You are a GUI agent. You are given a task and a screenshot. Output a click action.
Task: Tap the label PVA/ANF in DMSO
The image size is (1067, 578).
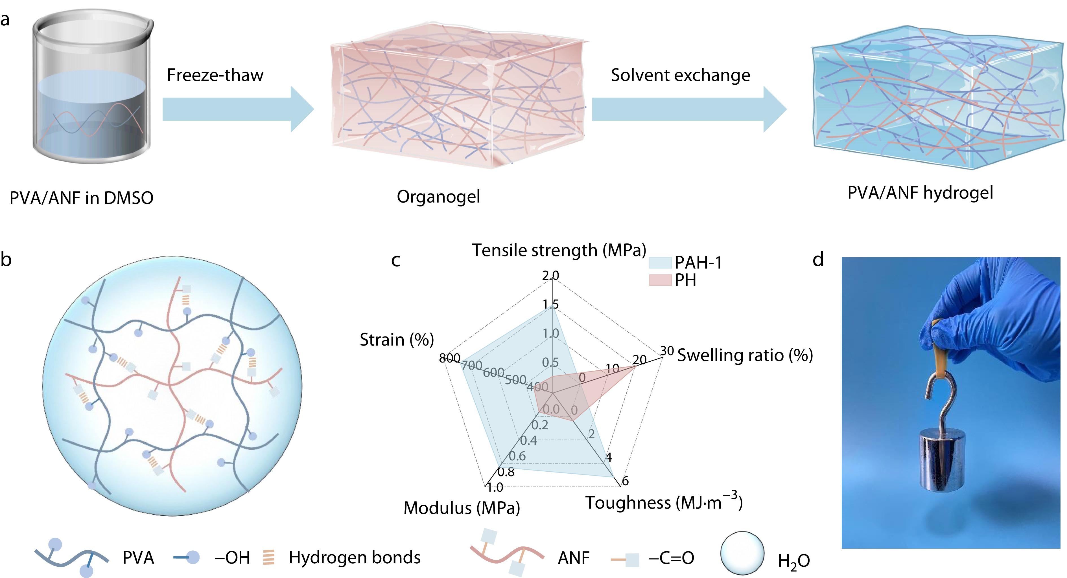point(81,198)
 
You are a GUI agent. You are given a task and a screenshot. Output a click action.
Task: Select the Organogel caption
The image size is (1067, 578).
point(438,197)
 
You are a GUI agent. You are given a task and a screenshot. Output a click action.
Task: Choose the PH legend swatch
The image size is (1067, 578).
point(660,280)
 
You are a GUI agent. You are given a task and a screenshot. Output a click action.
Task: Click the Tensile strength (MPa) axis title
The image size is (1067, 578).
point(559,250)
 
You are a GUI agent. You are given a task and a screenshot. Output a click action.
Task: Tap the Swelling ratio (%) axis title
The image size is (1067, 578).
point(745,355)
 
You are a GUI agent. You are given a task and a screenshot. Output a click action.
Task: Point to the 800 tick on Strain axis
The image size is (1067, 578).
point(449,358)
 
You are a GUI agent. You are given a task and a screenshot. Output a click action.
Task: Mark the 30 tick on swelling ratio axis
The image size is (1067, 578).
point(667,351)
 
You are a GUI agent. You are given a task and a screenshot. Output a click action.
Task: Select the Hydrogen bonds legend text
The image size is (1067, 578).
point(354,558)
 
